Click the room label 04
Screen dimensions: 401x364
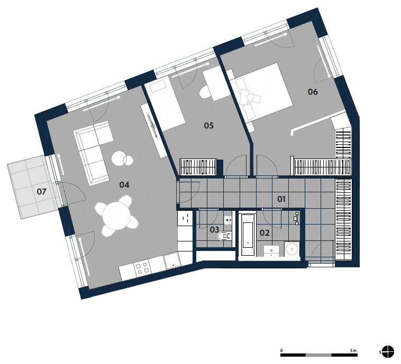coord(124,185)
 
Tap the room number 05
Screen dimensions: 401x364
coord(208,125)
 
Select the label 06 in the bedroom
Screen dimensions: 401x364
coord(313,92)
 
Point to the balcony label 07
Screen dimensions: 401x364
coord(41,192)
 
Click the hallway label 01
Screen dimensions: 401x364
coord(281,199)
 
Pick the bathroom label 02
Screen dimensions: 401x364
coord(265,232)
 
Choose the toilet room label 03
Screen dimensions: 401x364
coord(214,230)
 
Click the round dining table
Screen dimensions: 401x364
coord(116,216)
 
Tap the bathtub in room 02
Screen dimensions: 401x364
coord(248,234)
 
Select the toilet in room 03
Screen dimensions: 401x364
coord(224,236)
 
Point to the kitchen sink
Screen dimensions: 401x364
coord(172,262)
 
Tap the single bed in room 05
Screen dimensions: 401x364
coord(166,104)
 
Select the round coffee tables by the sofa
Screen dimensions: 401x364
coord(122,159)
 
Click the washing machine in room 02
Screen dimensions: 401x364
coord(292,248)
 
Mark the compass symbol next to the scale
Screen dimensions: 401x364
coord(388,352)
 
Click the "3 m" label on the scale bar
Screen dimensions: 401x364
coord(353,350)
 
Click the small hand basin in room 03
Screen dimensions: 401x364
coord(228,220)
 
